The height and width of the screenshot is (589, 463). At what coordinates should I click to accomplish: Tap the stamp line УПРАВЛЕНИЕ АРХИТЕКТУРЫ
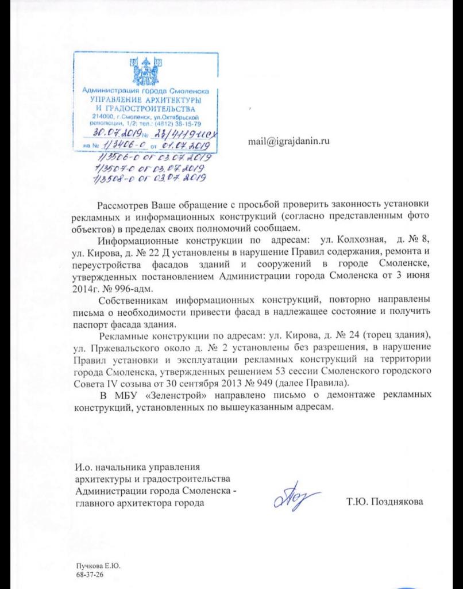(x=146, y=100)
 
